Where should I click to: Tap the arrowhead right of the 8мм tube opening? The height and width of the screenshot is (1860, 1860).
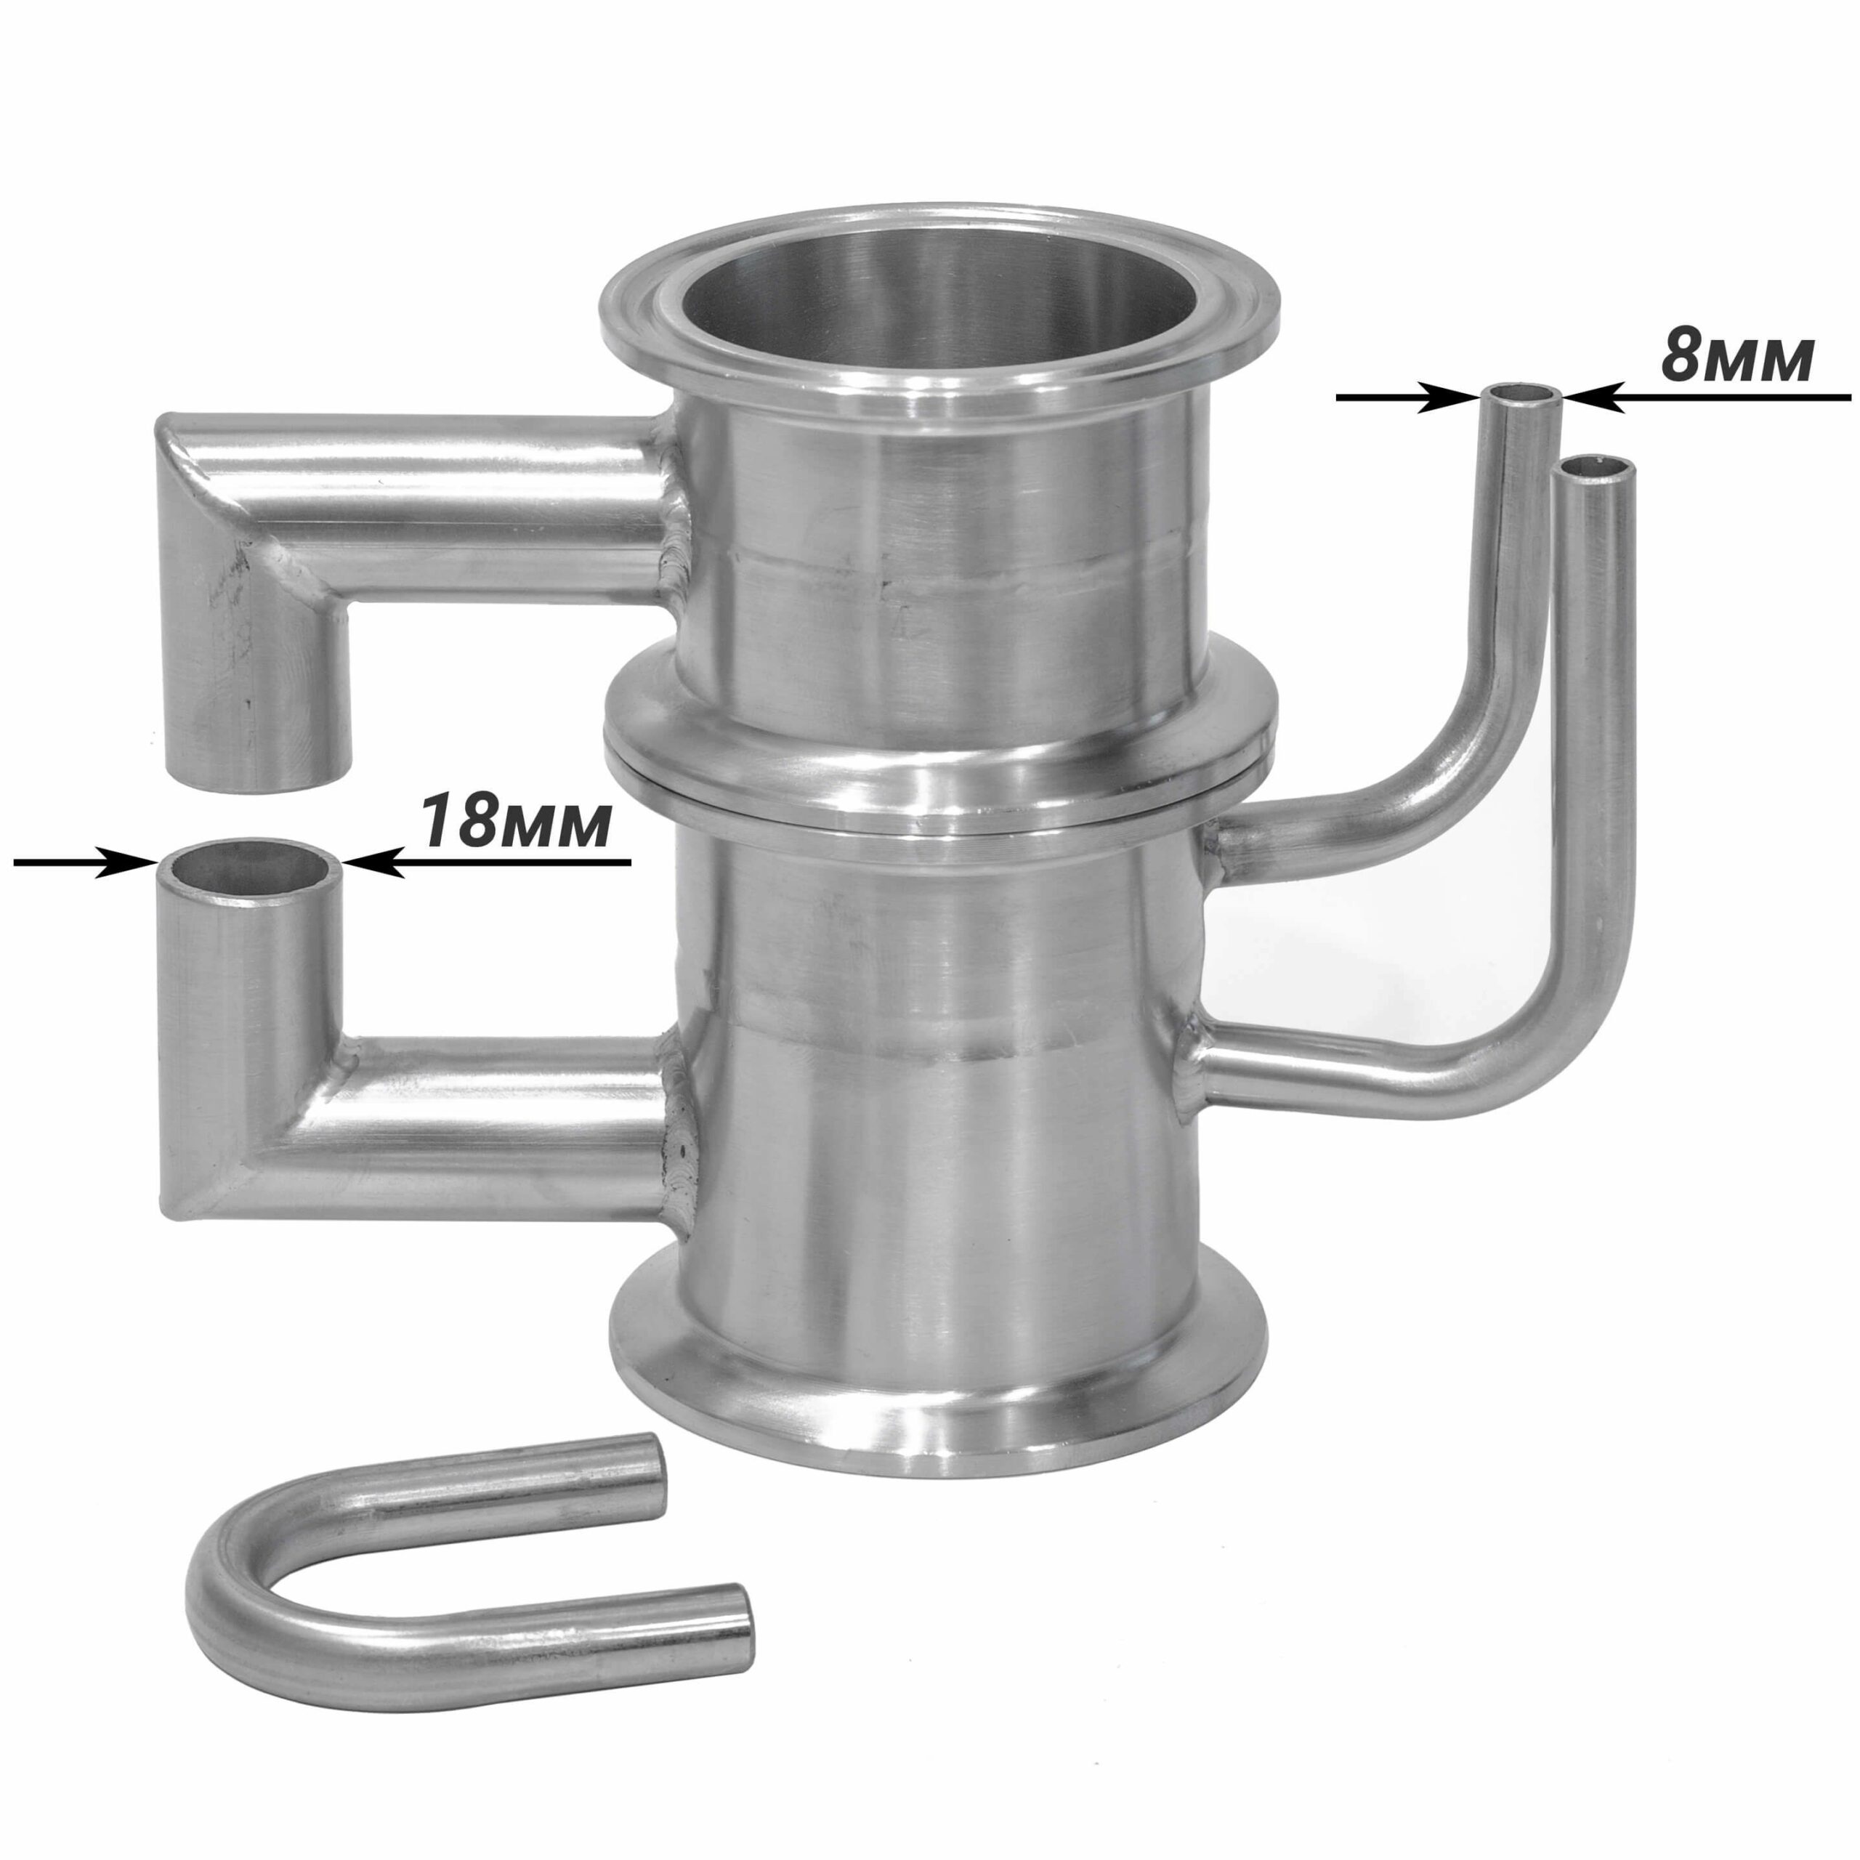[1594, 397]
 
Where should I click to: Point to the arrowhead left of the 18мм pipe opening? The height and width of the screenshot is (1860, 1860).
[128, 862]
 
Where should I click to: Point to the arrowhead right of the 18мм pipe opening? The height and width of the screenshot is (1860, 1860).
[373, 862]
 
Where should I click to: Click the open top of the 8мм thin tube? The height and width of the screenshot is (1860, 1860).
[1522, 395]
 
